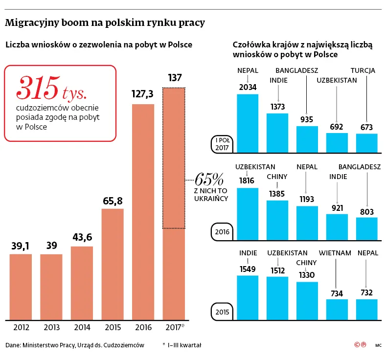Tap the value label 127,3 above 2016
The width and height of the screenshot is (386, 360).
tap(143, 94)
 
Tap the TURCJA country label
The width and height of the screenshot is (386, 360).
tap(363, 70)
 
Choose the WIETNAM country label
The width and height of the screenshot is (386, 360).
tap(335, 253)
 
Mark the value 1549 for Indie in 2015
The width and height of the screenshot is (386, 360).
tap(248, 268)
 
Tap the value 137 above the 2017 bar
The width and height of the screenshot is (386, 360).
tap(174, 78)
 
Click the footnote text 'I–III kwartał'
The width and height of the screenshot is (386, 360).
tap(184, 345)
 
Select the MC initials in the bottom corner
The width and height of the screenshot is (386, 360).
tap(378, 345)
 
